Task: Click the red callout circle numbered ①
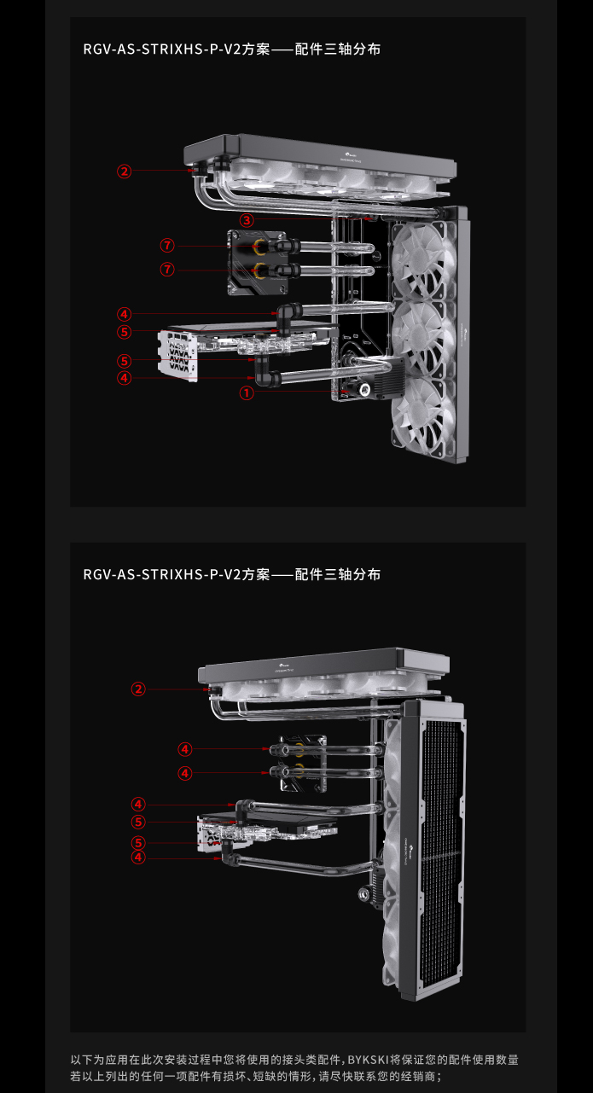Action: click(246, 393)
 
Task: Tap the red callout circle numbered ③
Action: click(246, 220)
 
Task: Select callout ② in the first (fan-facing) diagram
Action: click(125, 172)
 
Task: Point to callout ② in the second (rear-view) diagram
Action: click(138, 689)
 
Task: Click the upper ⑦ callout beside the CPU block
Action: click(167, 246)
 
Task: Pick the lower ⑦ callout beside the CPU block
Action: click(167, 270)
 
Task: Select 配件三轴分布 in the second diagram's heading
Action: click(338, 574)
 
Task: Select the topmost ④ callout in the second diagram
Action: click(185, 749)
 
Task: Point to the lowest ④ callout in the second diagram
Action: click(138, 858)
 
